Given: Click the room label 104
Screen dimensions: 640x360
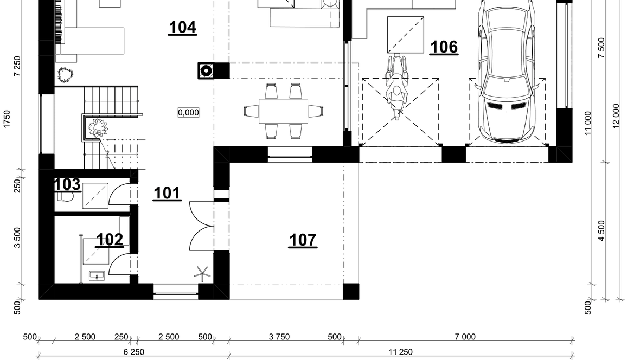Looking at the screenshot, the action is [x=182, y=27].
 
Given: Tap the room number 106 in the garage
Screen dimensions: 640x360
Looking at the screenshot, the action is [x=444, y=47].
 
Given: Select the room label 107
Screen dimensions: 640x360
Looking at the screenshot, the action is [x=303, y=240].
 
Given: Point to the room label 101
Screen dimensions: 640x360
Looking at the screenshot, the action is [x=168, y=193].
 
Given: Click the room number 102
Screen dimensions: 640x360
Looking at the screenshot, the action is [x=110, y=240].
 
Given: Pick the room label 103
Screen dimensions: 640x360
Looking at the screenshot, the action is [x=67, y=184].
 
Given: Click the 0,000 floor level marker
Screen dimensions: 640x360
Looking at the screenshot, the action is [x=189, y=112].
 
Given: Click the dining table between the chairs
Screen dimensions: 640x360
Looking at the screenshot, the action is [x=283, y=111].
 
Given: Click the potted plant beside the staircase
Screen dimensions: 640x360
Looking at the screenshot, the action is [x=98, y=128].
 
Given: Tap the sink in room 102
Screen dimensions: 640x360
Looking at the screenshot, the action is [x=97, y=276].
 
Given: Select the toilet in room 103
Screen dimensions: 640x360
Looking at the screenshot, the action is [x=65, y=196].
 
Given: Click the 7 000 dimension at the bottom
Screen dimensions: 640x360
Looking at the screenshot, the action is [x=465, y=337].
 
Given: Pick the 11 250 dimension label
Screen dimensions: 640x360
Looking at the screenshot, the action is [x=400, y=352].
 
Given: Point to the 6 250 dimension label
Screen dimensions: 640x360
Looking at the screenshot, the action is [x=134, y=352].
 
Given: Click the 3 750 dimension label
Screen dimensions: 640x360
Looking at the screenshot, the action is [x=279, y=337].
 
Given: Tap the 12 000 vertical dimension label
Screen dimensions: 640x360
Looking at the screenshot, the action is [x=616, y=115].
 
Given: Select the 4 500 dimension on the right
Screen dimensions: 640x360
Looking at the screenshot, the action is [x=601, y=230].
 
